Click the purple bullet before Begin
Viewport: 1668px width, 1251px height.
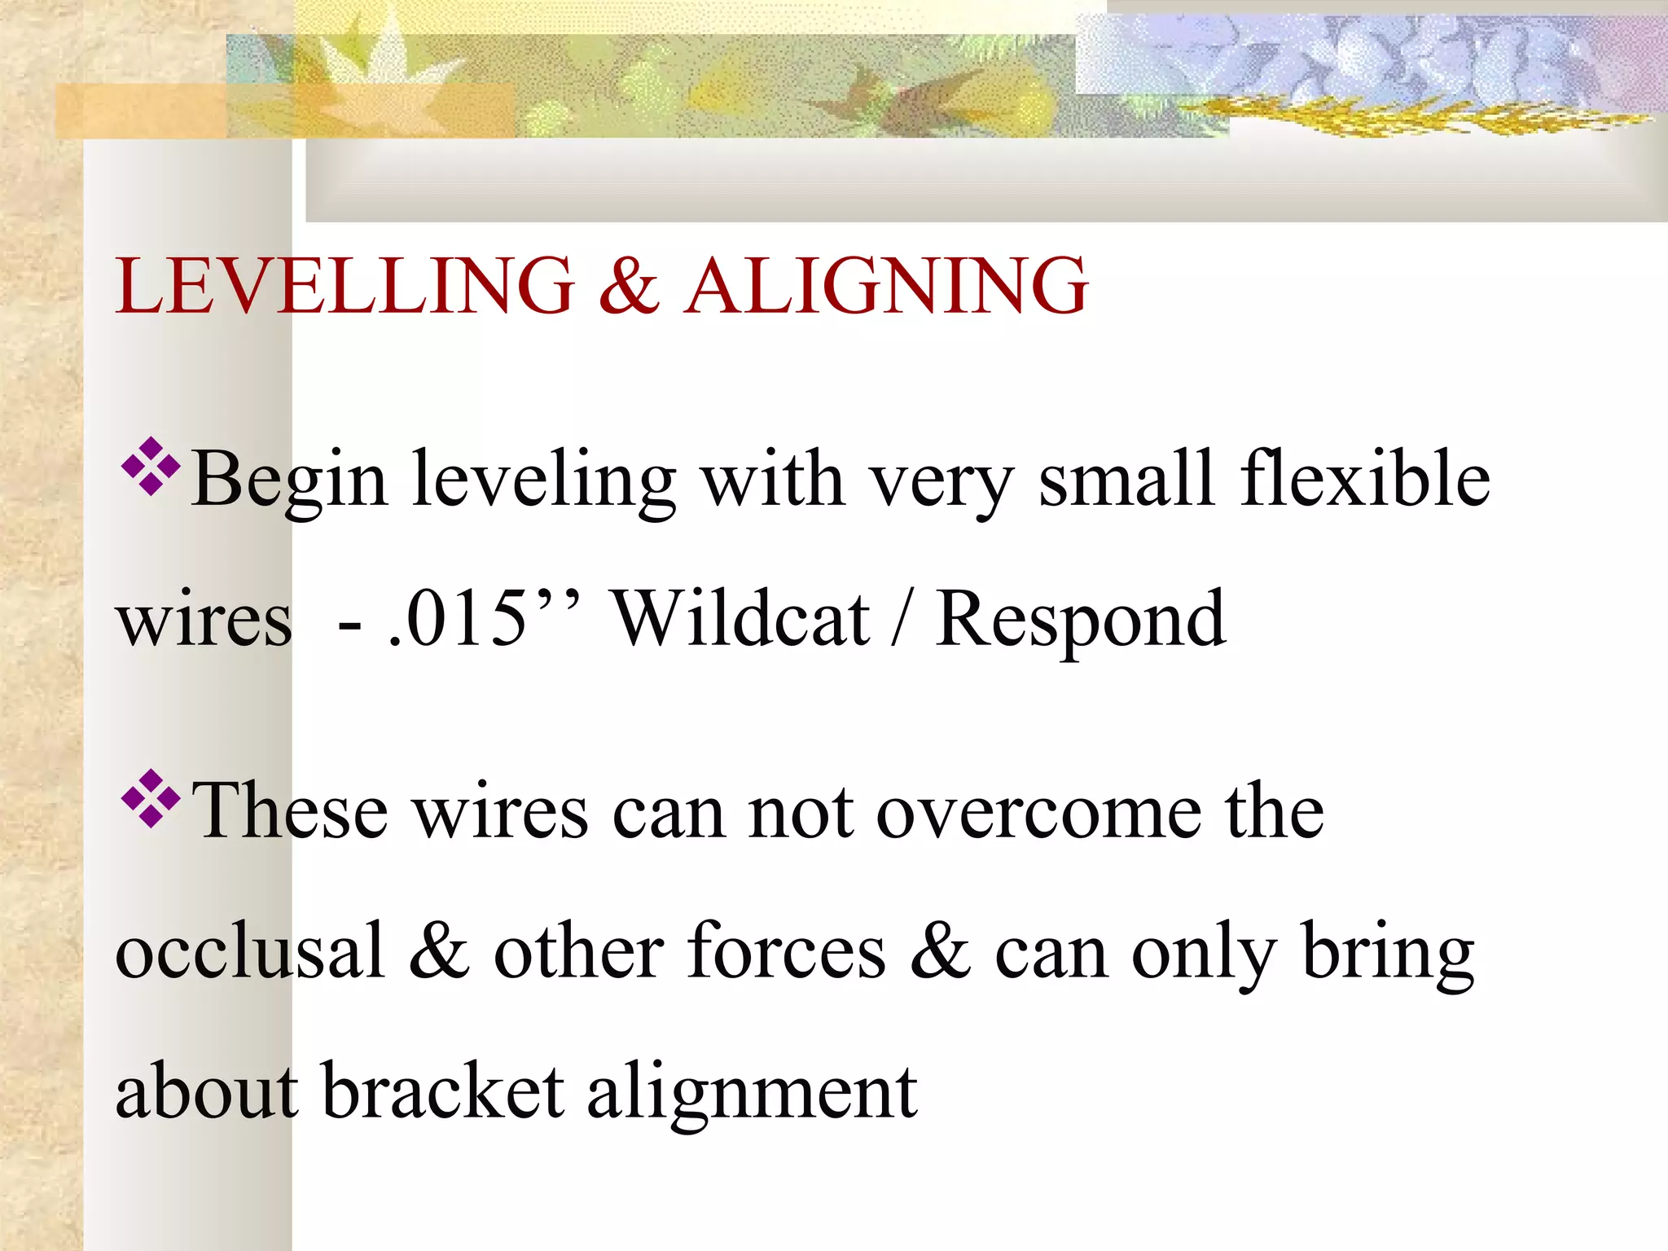[x=151, y=467]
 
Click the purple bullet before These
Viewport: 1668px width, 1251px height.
[x=151, y=798]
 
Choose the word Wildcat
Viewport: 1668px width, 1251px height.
[x=741, y=619]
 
